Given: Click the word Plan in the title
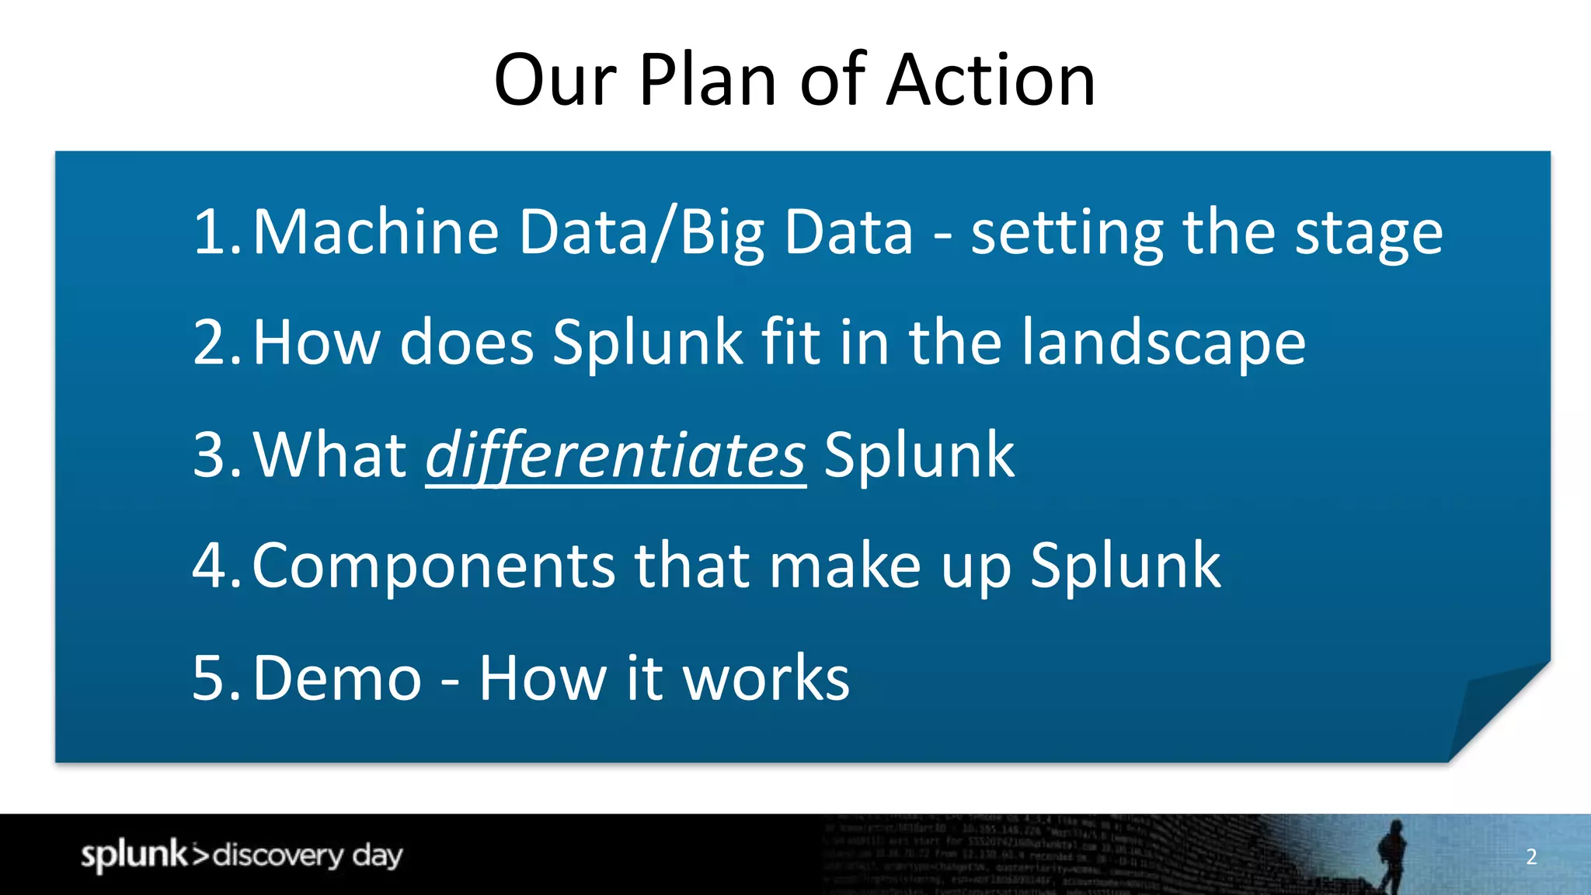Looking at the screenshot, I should tap(707, 80).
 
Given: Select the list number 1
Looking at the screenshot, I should tap(213, 232).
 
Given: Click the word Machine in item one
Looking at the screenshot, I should tap(376, 232).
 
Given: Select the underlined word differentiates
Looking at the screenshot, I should tap(615, 457).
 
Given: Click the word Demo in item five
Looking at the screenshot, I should tap(337, 678).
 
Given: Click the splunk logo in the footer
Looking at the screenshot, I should tap(134, 855).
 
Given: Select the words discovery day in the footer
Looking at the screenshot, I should tap(308, 855).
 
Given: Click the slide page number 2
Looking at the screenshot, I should tap(1531, 856).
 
